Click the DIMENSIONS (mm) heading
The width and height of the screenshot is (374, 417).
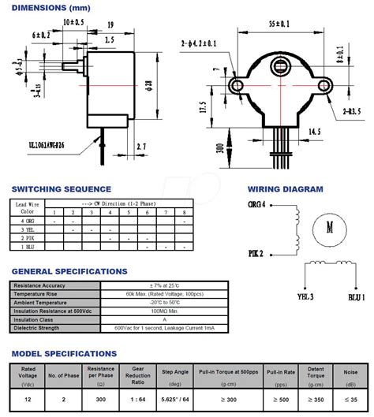[x=47, y=8]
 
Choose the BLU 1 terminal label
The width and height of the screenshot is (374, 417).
[x=355, y=297]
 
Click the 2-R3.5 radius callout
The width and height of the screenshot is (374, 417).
[x=350, y=111]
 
